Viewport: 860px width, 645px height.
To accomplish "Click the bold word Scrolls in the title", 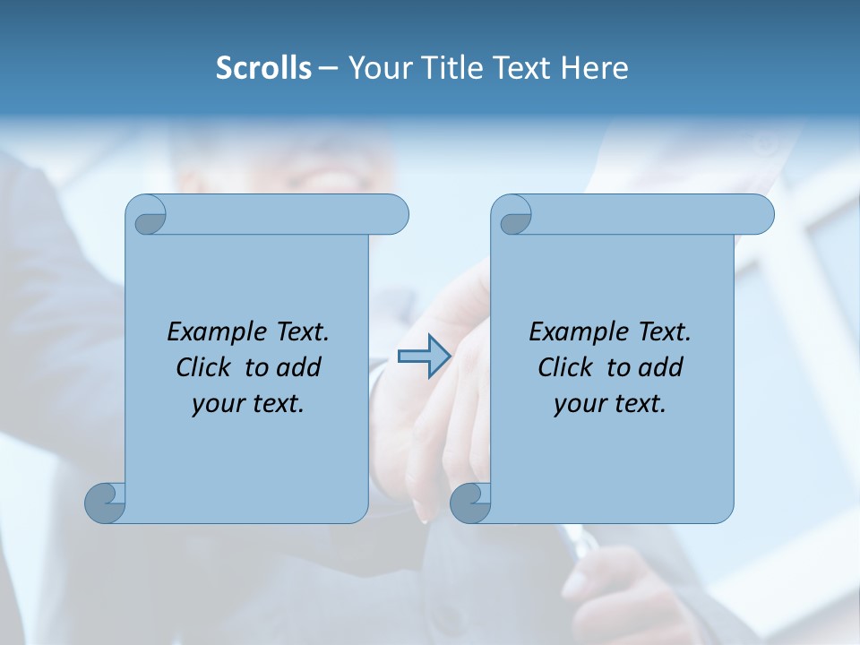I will click(263, 68).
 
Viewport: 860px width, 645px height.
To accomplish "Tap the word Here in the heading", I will click(595, 68).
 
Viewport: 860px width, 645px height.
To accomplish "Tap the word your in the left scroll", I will click(218, 404).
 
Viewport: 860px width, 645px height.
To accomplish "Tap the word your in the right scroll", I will click(580, 404).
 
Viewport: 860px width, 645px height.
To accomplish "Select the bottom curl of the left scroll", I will click(106, 503).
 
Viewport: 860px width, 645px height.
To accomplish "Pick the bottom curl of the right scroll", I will click(470, 503).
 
